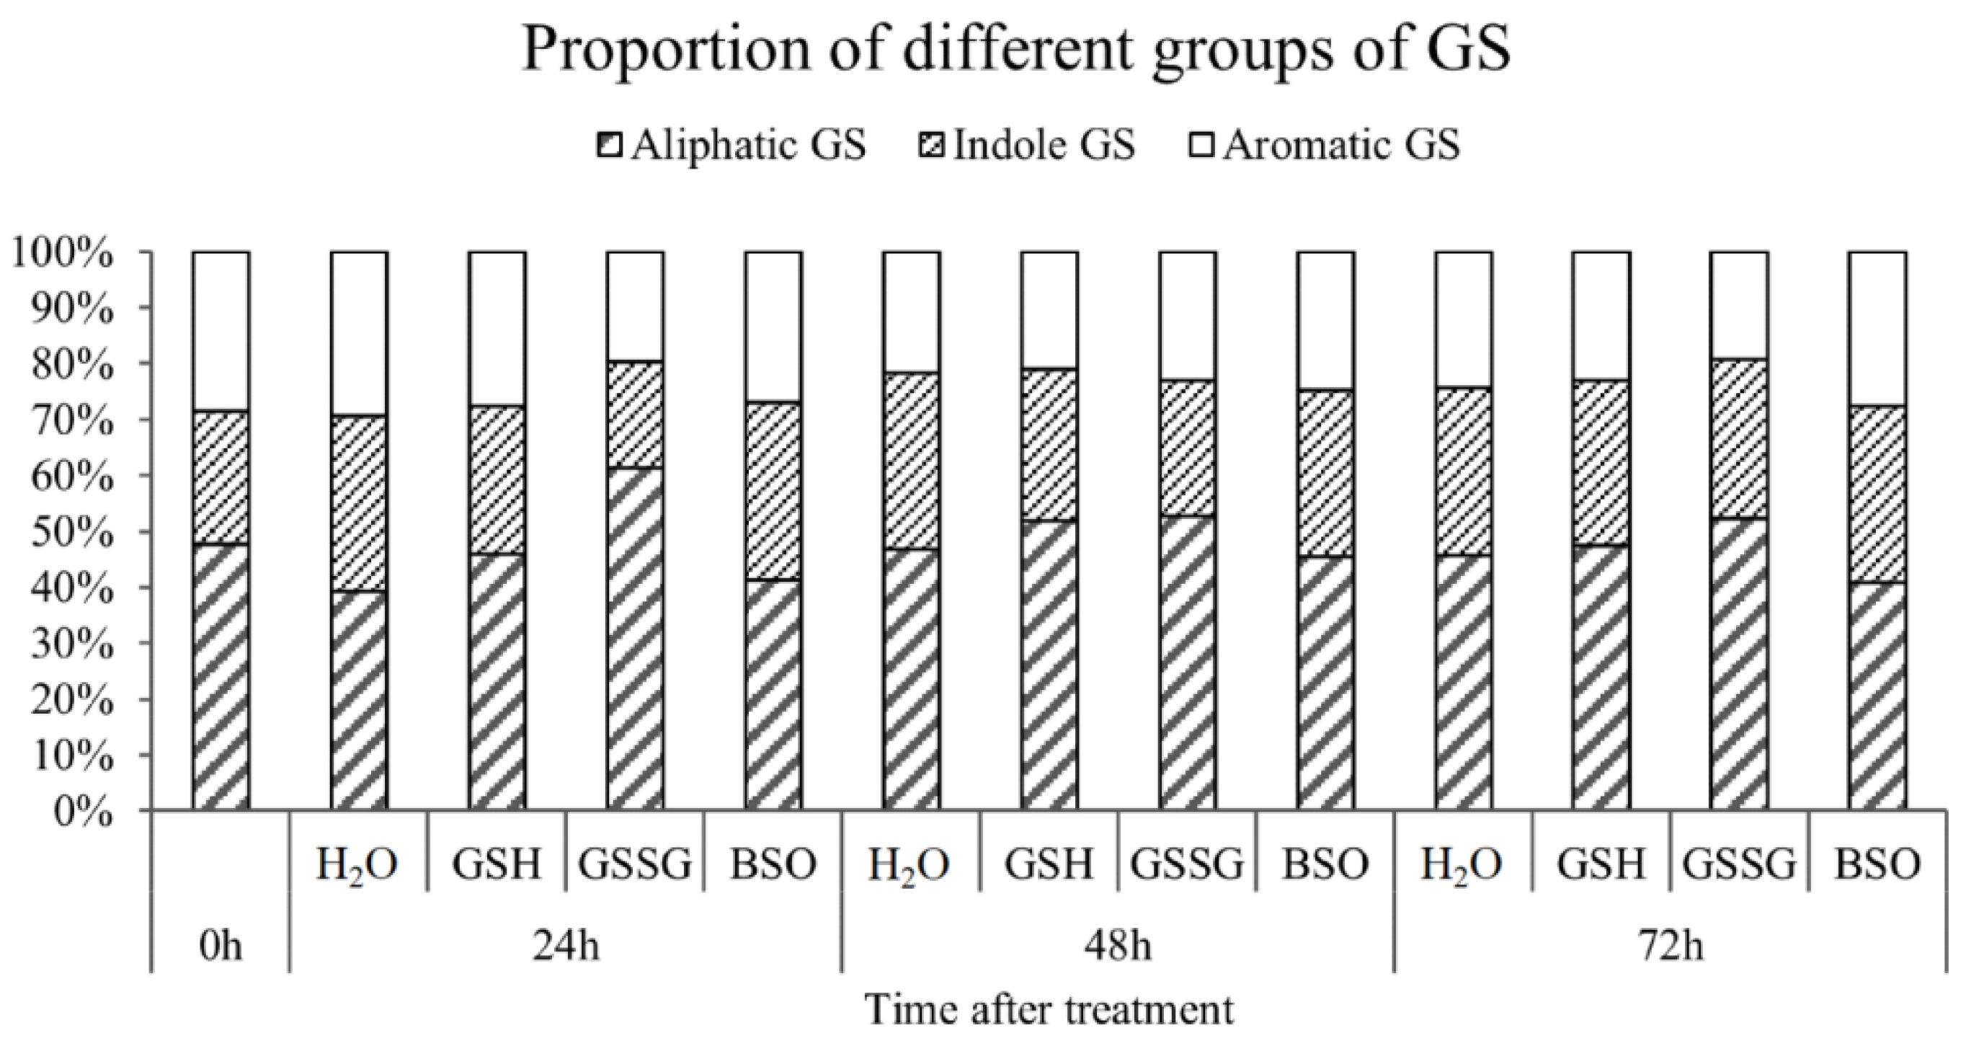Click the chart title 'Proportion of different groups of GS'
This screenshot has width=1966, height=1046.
point(1015,48)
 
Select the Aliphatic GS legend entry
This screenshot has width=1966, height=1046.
point(733,145)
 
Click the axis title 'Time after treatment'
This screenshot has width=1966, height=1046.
point(1049,1010)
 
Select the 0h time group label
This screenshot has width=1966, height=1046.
point(221,946)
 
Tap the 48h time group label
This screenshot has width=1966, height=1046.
point(1117,946)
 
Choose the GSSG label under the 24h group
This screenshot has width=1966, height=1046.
point(634,864)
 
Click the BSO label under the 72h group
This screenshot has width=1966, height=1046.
point(1877,864)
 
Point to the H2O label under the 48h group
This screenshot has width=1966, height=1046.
point(910,864)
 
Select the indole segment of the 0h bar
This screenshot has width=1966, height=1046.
point(221,477)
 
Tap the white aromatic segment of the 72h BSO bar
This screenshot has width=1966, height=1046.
point(1877,328)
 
